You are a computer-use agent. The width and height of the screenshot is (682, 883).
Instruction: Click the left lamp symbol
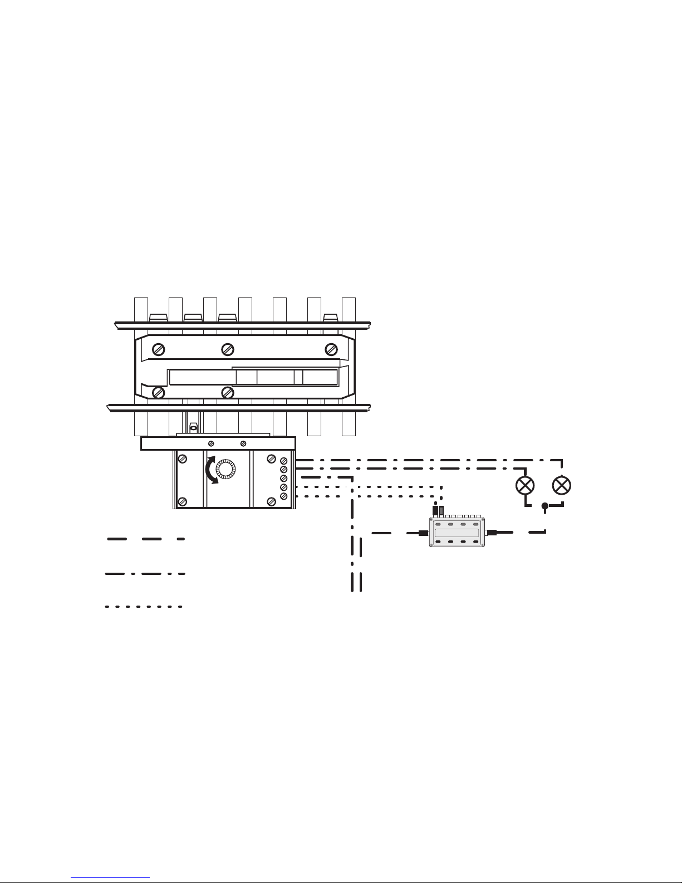pyautogui.click(x=525, y=485)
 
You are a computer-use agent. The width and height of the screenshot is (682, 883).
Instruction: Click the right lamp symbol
pyautogui.click(x=562, y=485)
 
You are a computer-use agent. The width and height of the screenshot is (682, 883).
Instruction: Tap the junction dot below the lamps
pyautogui.click(x=545, y=506)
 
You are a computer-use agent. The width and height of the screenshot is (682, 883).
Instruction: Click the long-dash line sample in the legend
pyautogui.click(x=145, y=539)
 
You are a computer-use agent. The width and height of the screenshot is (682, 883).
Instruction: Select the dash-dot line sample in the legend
pyautogui.click(x=145, y=573)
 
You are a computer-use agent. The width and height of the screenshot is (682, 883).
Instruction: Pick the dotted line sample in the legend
pyautogui.click(x=144, y=606)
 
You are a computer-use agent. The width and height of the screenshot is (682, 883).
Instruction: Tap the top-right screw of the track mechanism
pyautogui.click(x=331, y=349)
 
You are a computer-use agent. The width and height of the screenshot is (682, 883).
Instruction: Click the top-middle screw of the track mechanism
pyautogui.click(x=227, y=349)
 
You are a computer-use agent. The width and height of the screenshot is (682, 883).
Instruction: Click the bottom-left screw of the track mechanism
pyautogui.click(x=159, y=393)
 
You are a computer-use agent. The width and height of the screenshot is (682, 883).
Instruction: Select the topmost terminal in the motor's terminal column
pyautogui.click(x=283, y=461)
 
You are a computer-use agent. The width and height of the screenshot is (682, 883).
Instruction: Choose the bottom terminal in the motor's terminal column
pyautogui.click(x=283, y=496)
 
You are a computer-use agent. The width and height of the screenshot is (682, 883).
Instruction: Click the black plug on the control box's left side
pyautogui.click(x=423, y=533)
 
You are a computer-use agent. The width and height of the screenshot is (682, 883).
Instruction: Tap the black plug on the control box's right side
pyautogui.click(x=492, y=533)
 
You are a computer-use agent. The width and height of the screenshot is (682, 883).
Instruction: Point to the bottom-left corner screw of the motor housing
pyautogui.click(x=182, y=501)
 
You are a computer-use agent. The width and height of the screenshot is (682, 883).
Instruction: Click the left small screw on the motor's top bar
pyautogui.click(x=211, y=443)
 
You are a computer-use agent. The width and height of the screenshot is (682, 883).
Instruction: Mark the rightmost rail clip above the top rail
pyautogui.click(x=331, y=318)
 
